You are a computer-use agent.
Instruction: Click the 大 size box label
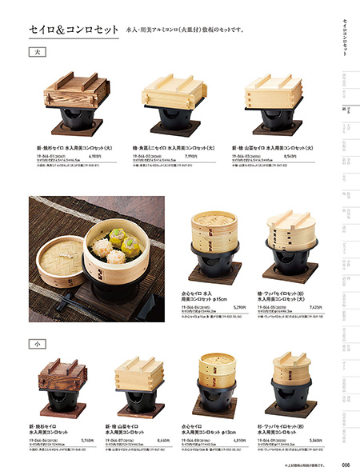coord(35,53)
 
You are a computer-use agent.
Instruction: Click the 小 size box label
coord(35,344)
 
